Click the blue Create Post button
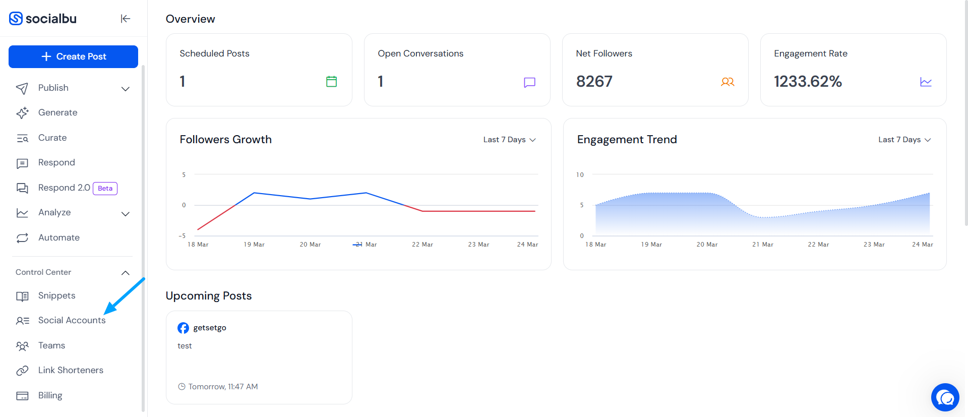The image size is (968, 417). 73,56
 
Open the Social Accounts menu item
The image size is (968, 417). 72,320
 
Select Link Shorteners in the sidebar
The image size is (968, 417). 71,370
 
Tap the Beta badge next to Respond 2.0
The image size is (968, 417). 105,188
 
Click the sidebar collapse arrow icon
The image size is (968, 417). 126,19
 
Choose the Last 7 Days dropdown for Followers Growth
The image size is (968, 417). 509,140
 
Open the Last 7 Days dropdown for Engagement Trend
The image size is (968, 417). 904,140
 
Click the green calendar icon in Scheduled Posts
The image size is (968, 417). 331,81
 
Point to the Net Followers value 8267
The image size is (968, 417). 594,81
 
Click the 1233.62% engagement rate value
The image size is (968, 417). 808,81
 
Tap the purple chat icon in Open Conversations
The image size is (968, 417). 529,82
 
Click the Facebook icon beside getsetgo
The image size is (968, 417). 183,328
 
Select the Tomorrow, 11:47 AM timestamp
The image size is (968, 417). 223,387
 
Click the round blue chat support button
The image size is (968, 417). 945,397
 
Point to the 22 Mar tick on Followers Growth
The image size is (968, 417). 422,245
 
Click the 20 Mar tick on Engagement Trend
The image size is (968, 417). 707,245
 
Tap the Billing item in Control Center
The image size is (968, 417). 50,395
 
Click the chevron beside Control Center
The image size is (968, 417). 126,273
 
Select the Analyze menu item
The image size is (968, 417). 54,212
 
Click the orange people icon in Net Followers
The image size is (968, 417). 728,82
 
